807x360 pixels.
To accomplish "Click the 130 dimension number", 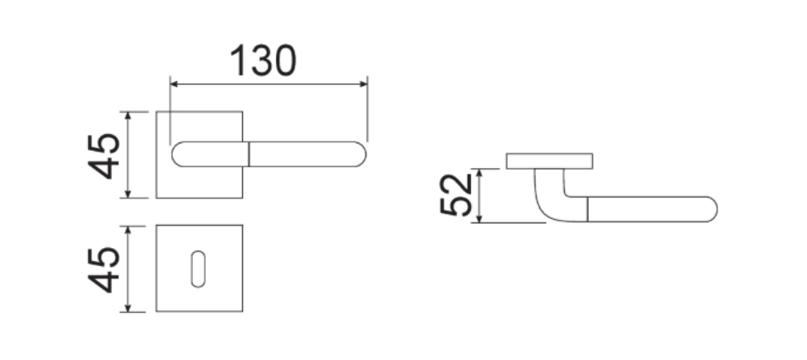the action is click(x=263, y=60).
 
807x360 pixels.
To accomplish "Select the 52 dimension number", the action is click(x=456, y=194).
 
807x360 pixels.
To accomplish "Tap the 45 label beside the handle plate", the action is click(x=104, y=156).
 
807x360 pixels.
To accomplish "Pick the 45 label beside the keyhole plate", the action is click(x=104, y=270).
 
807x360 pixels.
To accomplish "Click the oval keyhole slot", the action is click(x=198, y=269).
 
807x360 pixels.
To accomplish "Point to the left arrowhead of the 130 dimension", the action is click(x=174, y=84).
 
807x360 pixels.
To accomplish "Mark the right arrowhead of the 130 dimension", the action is click(x=363, y=84).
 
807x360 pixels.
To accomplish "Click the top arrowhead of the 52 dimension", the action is click(x=479, y=173).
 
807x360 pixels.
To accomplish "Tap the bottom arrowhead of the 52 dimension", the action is click(x=479, y=218).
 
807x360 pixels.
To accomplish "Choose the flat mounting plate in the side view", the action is click(x=549, y=161).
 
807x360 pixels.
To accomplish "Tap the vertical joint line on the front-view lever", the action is click(x=249, y=154).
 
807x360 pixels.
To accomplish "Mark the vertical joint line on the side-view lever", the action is click(x=587, y=209).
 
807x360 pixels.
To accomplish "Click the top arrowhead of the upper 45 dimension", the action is click(x=128, y=116).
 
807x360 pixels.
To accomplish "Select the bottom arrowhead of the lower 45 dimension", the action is click(x=128, y=307).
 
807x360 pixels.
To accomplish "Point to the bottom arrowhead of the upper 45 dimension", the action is click(x=128, y=193).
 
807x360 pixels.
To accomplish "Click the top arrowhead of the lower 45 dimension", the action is click(x=128, y=230).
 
